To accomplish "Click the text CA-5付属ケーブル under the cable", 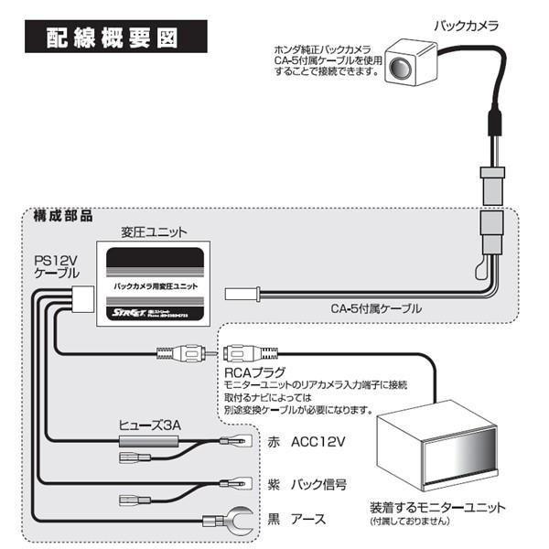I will (x=376, y=308).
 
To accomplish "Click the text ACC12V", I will (x=319, y=443).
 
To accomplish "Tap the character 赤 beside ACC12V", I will (x=274, y=443).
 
